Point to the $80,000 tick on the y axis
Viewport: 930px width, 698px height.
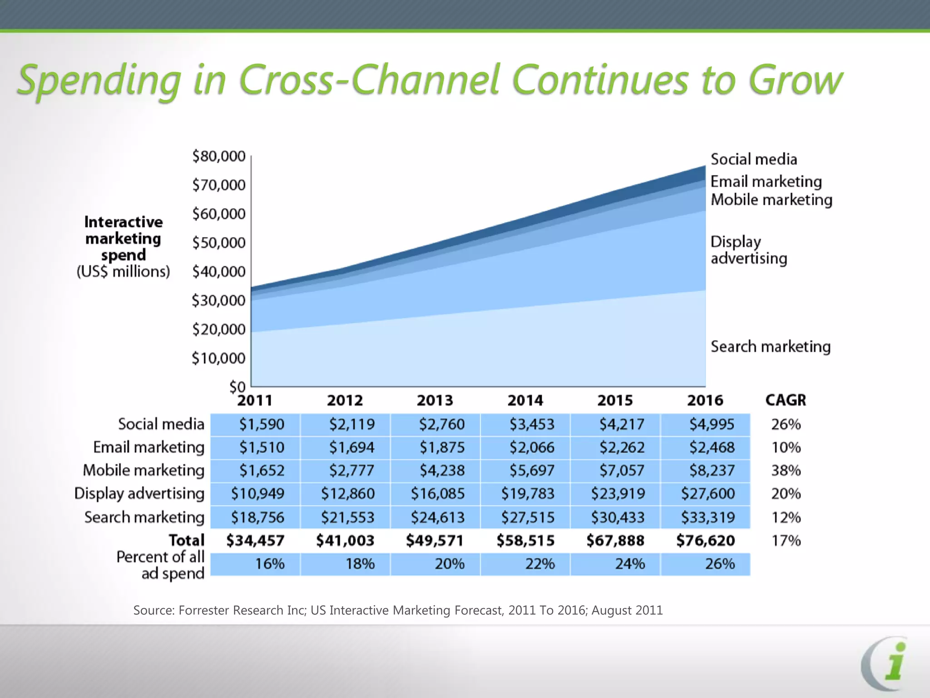(x=218, y=156)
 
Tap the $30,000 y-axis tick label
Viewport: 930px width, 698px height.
(x=218, y=300)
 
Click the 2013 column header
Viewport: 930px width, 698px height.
(x=435, y=400)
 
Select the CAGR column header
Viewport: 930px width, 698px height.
(x=786, y=400)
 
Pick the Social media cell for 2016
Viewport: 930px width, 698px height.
(x=711, y=424)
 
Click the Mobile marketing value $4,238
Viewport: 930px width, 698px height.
(x=442, y=470)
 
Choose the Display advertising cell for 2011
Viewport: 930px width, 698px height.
(x=257, y=494)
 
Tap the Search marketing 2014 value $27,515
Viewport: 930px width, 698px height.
(x=528, y=517)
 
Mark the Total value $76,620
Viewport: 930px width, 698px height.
(x=705, y=540)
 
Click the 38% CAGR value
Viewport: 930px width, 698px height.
(x=786, y=470)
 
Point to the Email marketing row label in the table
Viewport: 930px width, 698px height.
(x=148, y=447)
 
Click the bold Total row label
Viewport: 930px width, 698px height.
(x=186, y=540)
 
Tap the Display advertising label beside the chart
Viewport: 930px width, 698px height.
(x=748, y=250)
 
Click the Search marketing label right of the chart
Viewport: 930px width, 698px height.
(x=770, y=347)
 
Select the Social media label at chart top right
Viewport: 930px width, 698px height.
(x=753, y=159)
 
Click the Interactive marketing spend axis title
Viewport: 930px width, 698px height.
(x=123, y=239)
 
